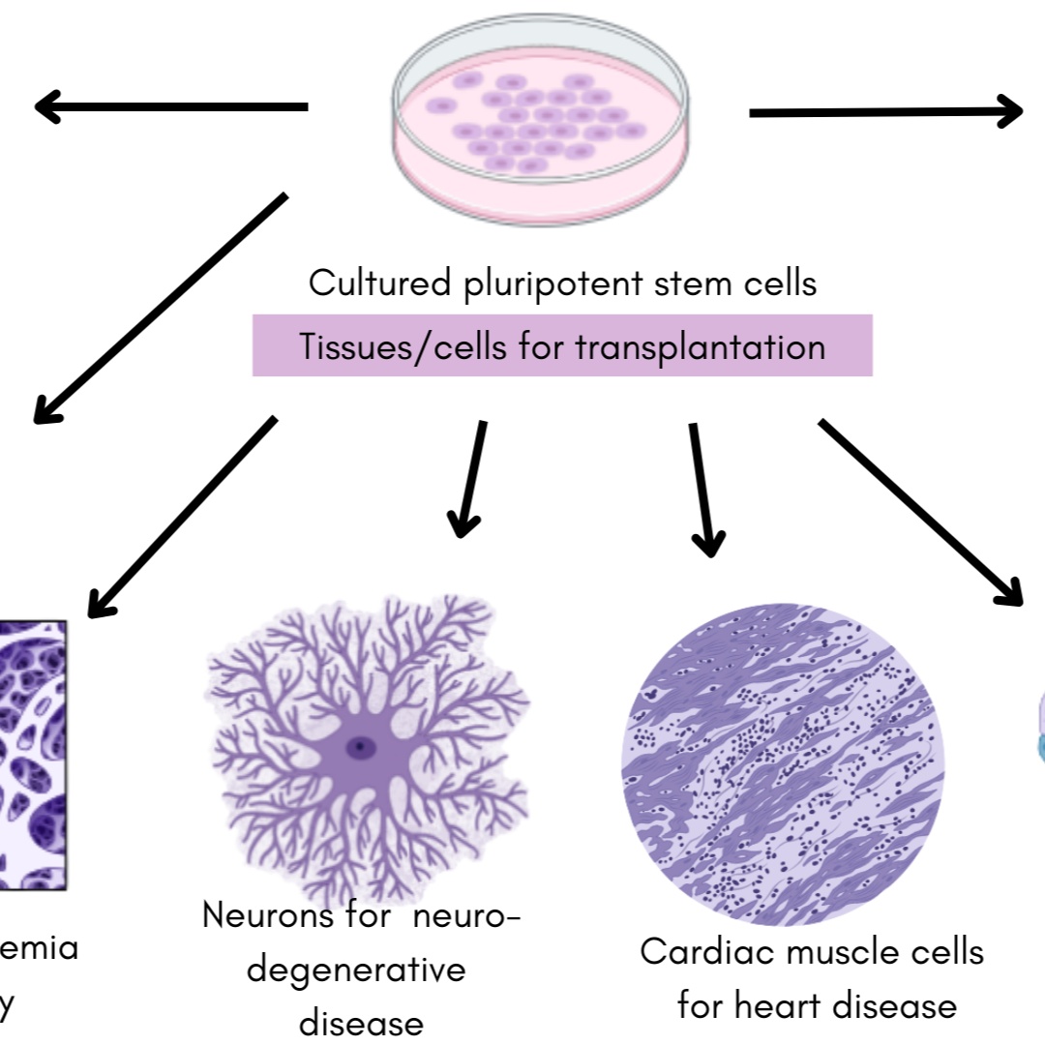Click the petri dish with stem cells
click(542, 121)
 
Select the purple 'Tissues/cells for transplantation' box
click(562, 345)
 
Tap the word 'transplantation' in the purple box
click(701, 345)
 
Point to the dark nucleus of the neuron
click(362, 746)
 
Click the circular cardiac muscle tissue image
click(782, 764)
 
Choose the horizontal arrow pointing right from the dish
click(885, 112)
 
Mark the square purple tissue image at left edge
click(33, 755)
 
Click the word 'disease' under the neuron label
click(361, 1023)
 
